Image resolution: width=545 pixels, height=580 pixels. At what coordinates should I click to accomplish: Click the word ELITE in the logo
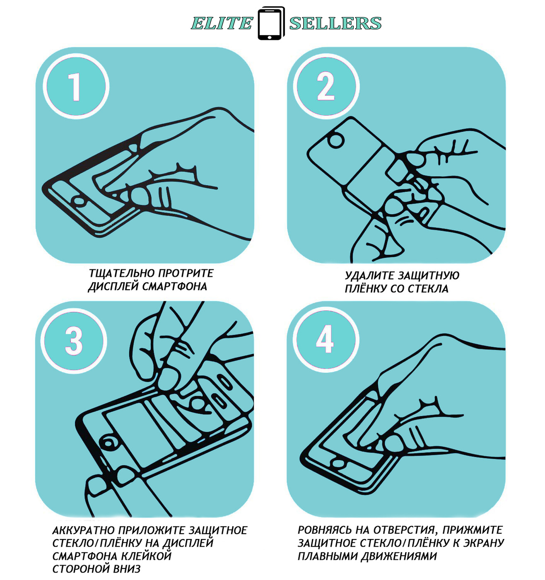(x=222, y=23)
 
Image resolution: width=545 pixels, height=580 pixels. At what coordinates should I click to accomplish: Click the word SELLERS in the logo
(x=335, y=23)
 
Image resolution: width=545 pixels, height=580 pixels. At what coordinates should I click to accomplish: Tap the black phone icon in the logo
(x=271, y=23)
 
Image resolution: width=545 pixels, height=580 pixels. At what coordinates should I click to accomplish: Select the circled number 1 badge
(x=76, y=87)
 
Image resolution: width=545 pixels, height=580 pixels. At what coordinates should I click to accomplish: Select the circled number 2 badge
(x=326, y=87)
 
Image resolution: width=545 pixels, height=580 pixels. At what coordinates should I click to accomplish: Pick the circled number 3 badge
(x=74, y=341)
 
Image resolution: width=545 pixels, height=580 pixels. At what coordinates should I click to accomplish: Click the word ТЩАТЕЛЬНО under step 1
(x=122, y=274)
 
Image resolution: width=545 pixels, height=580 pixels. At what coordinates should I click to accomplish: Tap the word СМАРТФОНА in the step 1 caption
(x=174, y=287)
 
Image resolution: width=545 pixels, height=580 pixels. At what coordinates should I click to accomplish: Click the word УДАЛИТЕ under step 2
(x=369, y=275)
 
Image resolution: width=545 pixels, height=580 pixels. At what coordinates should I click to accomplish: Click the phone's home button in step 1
(x=79, y=201)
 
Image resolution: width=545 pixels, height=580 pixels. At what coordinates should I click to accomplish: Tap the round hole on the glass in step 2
(x=335, y=140)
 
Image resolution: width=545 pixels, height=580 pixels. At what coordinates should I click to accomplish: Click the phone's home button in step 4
(x=338, y=463)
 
